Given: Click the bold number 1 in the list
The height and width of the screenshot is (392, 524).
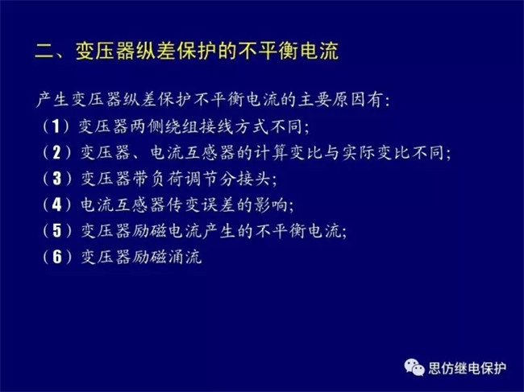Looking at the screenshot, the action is click(56, 126).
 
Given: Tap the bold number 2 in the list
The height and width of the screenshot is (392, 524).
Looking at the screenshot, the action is click(56, 152).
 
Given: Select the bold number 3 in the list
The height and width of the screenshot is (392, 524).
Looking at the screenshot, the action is click(57, 179).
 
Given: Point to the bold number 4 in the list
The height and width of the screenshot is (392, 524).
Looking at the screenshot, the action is click(57, 204).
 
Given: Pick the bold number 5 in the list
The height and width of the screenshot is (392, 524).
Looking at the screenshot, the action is click(57, 230).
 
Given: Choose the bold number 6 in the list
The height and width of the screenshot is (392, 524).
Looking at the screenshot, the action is click(57, 257).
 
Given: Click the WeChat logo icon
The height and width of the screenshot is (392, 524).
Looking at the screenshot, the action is click(414, 367).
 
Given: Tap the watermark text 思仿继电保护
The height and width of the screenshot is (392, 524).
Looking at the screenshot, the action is click(468, 369).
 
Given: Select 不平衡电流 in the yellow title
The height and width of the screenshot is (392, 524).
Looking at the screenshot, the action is click(289, 51).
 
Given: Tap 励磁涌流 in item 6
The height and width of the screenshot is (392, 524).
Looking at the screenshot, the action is click(167, 257).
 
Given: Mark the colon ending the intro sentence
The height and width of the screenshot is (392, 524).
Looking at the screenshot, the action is click(387, 101).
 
